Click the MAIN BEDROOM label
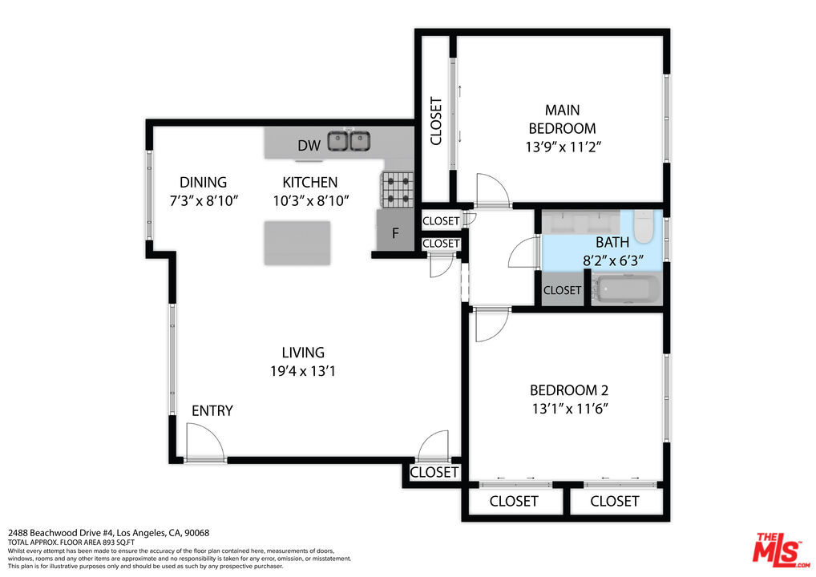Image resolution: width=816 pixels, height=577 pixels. (562, 119)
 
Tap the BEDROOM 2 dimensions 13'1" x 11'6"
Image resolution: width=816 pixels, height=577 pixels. (570, 409)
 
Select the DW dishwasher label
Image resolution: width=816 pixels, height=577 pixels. (309, 146)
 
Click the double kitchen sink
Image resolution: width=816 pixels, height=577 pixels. (349, 141)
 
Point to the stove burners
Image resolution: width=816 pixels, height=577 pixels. (398, 189)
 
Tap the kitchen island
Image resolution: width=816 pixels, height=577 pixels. (297, 243)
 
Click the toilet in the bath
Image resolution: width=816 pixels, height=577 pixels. (644, 226)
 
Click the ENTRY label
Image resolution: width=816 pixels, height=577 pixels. (212, 411)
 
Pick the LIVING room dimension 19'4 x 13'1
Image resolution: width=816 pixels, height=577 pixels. (303, 371)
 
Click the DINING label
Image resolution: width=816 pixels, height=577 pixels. (203, 183)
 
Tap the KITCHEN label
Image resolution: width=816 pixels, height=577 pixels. (310, 183)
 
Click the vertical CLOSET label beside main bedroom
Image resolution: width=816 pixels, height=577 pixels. (436, 121)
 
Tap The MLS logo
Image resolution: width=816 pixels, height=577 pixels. (781, 550)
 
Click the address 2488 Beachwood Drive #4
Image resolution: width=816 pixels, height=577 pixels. (61, 533)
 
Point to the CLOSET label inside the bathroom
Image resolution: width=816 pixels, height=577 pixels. (562, 290)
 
